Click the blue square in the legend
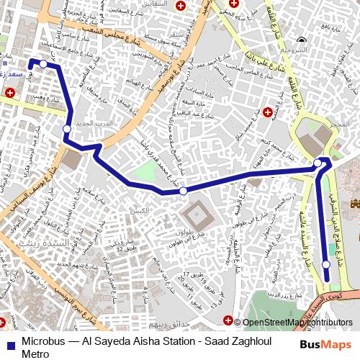point(11,343)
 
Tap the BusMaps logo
point(326,344)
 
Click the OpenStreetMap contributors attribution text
point(297,323)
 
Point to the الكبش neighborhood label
point(139,210)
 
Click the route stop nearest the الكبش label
point(184,191)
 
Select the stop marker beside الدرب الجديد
point(67,129)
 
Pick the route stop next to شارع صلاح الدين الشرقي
point(326,265)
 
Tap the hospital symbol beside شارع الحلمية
point(267,112)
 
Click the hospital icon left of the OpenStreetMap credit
point(229,321)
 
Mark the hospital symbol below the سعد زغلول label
point(10,93)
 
